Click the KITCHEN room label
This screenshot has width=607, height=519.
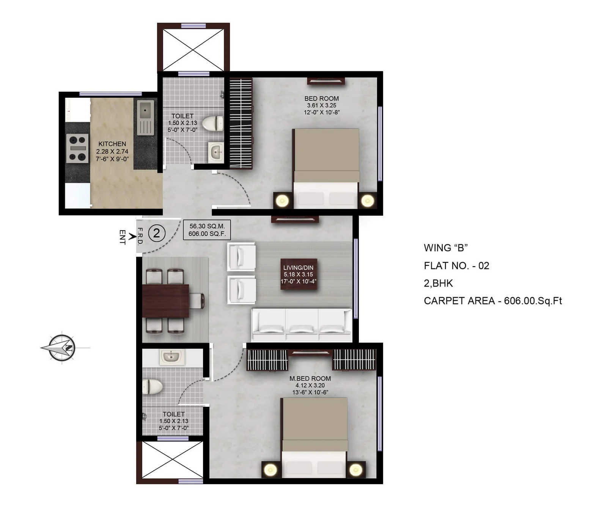point(112,144)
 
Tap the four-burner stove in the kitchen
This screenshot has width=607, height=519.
point(77,148)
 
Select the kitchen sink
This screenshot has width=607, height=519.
point(145,118)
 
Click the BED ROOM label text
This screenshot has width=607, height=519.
point(321,99)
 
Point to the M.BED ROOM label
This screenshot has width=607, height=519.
point(310,378)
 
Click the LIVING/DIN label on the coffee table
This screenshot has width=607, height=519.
point(299,268)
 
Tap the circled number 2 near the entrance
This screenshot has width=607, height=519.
point(157,233)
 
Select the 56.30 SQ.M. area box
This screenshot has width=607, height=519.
point(207,230)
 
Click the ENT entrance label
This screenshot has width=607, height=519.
point(122,237)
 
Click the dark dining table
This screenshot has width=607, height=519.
point(166,301)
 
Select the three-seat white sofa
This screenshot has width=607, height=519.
point(302,325)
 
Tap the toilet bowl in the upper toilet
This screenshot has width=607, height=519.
point(213,123)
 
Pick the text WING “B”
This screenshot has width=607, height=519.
point(446,248)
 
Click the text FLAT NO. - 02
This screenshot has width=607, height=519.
point(456,266)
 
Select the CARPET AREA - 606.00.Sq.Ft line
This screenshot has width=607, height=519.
point(493,301)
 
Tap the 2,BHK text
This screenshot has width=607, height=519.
point(438,283)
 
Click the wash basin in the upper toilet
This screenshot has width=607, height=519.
point(216,152)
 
